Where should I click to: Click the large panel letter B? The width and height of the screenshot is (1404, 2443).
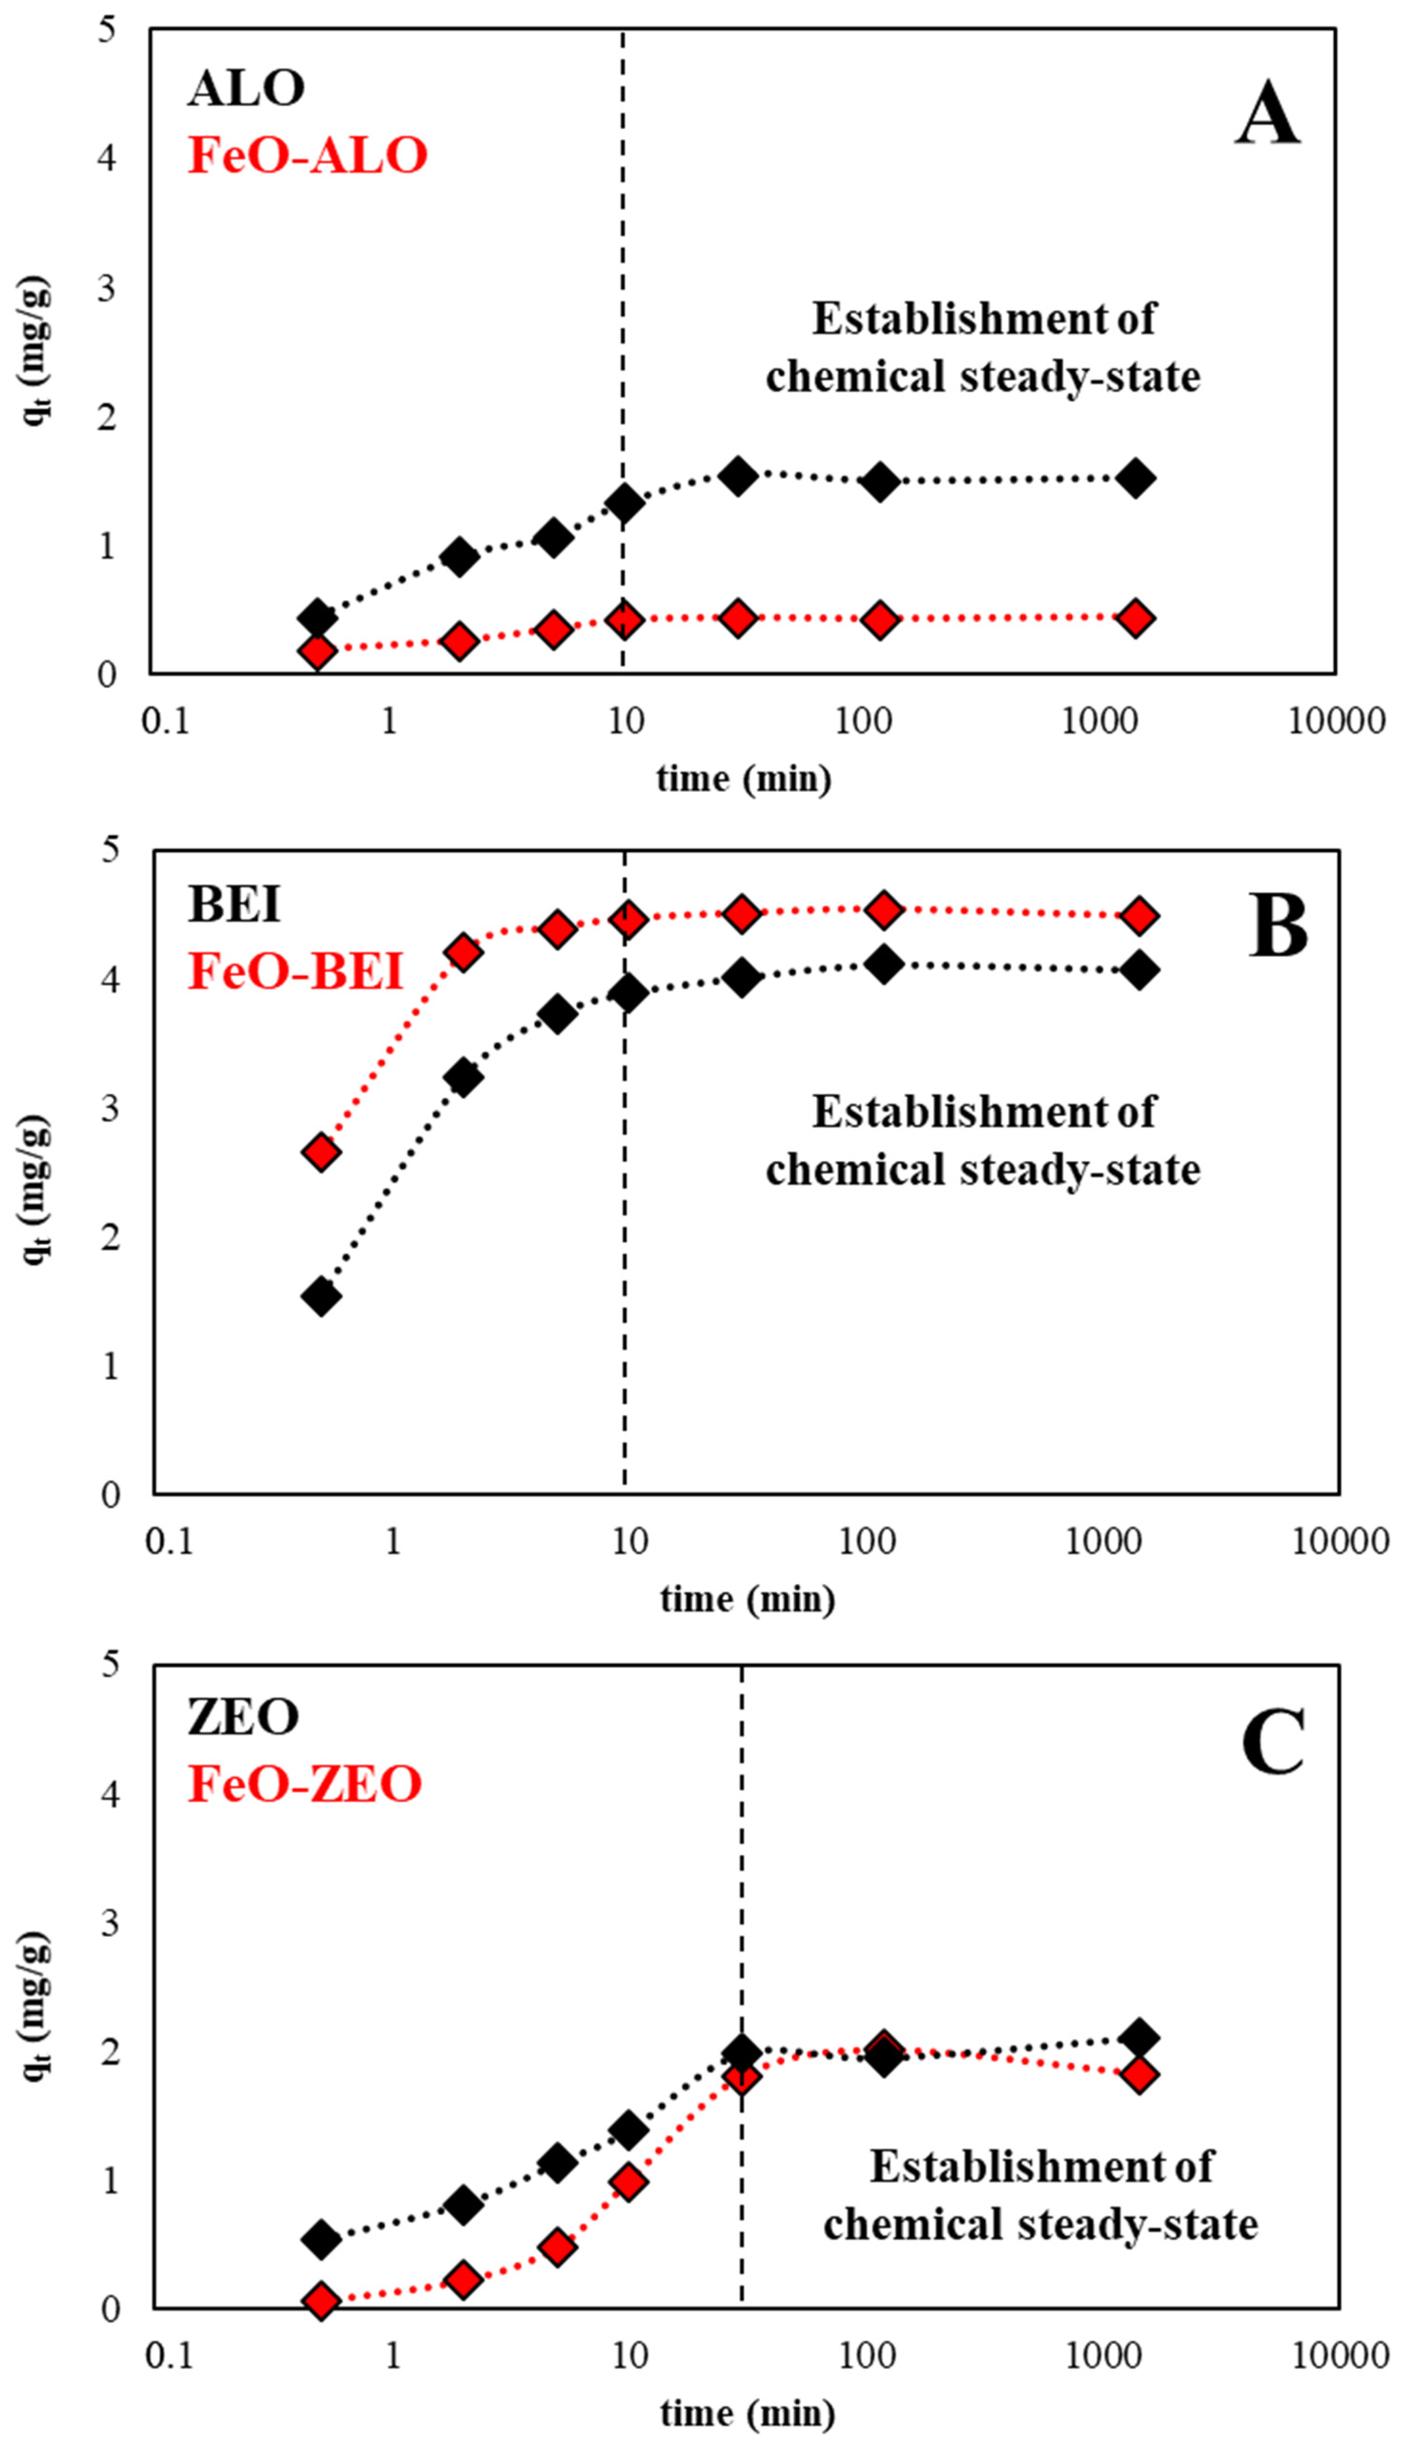1278,925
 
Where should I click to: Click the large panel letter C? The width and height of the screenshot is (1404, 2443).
1273,1743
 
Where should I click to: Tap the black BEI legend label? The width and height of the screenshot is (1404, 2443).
235,904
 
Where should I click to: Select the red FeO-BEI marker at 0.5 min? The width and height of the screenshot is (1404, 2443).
321,1151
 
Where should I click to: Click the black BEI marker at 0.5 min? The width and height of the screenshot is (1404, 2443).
321,1296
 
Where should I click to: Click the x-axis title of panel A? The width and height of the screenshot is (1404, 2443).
743,778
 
